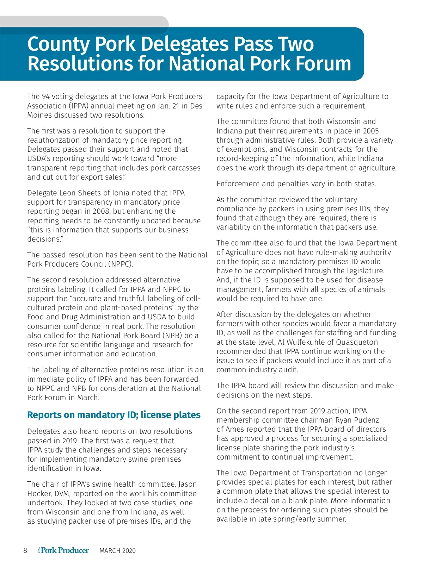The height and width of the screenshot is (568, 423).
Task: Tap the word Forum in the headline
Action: [x=324, y=64]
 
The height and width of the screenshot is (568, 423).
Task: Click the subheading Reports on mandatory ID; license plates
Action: [x=114, y=415]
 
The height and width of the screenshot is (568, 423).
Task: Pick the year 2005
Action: [x=370, y=131]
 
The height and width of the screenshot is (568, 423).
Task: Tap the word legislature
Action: [x=363, y=271]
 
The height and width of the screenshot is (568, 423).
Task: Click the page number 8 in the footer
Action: [x=25, y=551]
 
